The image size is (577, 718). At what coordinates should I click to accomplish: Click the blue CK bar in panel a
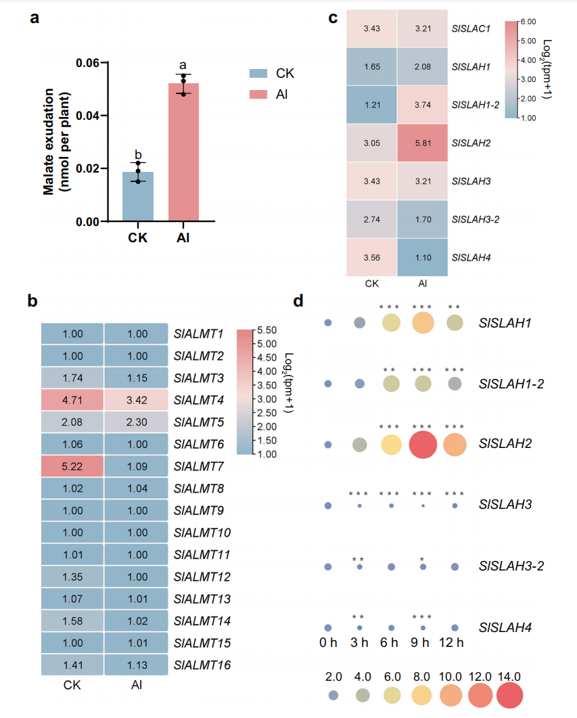[138, 196]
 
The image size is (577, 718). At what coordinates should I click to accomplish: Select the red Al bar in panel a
[183, 152]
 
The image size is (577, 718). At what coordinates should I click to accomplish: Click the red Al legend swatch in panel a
[258, 94]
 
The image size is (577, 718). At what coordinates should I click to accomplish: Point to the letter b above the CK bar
[138, 155]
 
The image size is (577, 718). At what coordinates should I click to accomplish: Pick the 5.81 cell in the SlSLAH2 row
[422, 143]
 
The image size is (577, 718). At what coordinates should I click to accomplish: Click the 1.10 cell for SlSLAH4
[422, 257]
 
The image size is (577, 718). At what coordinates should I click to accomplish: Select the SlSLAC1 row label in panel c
[471, 28]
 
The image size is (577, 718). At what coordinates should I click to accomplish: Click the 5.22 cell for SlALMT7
[72, 467]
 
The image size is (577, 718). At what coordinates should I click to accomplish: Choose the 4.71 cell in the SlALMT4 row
[72, 400]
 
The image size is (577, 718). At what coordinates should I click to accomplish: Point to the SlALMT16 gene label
[202, 665]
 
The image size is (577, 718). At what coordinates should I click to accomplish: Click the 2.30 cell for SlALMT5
[137, 422]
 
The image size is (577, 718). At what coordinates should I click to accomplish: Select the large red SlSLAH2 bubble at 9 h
[422, 445]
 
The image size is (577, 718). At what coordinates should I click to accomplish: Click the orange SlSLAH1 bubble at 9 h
[423, 322]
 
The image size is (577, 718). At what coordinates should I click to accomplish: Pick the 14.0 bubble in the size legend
[509, 695]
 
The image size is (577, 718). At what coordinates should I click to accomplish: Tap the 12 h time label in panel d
[451, 642]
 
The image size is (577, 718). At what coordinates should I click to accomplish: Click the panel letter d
[298, 300]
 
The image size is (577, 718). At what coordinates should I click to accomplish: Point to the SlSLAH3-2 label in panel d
[511, 566]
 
